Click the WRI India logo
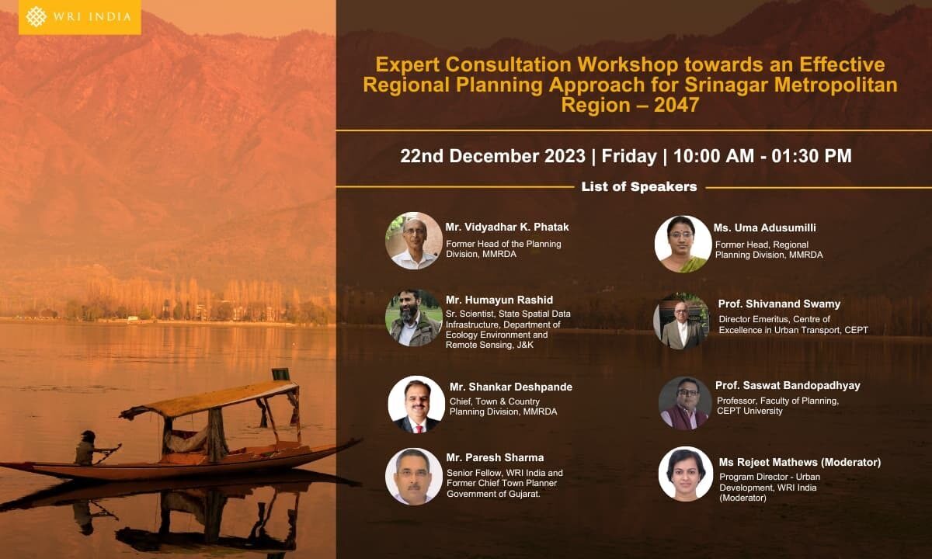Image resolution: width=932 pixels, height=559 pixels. tap(79, 17)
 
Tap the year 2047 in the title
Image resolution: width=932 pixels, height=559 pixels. tap(676, 105)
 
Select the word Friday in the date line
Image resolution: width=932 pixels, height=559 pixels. tap(629, 156)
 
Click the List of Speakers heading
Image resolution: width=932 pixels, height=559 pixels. tap(639, 187)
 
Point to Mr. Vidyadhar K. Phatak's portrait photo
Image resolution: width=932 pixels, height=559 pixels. tap(414, 241)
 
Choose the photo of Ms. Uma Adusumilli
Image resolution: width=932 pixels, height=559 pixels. tap(683, 244)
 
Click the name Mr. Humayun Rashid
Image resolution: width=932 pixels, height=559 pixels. tap(499, 300)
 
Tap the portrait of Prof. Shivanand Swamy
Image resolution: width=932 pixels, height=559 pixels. tap(681, 321)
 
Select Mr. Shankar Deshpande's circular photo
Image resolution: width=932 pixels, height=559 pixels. tap(416, 404)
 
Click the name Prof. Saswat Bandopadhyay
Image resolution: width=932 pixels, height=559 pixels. tap(788, 386)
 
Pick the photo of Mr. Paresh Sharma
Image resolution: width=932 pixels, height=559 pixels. tap(414, 476)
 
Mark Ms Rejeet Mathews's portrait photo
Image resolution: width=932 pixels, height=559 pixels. tap(686, 474)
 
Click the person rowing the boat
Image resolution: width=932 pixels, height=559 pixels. tap(89, 447)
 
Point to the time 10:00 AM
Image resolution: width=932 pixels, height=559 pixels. tap(714, 156)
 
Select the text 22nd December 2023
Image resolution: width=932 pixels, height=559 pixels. tap(492, 156)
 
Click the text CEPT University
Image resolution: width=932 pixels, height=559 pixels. tap(749, 411)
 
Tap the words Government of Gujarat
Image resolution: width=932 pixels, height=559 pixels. tap(493, 494)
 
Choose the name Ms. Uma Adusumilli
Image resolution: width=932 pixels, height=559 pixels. tap(765, 228)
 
